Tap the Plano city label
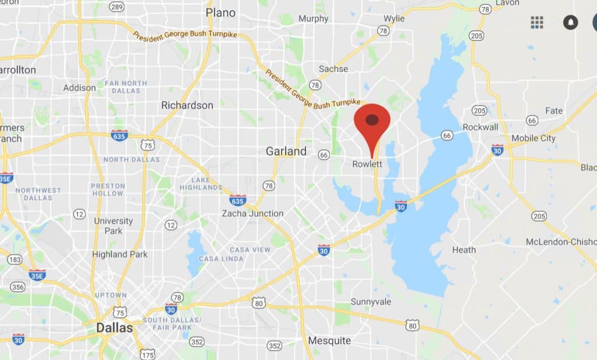click(x=221, y=13)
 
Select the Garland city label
click(x=286, y=151)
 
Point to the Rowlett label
click(x=367, y=165)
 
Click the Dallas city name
click(x=114, y=328)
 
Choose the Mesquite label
click(x=329, y=341)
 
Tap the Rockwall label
click(x=480, y=127)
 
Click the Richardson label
click(x=187, y=106)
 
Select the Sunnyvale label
click(x=371, y=302)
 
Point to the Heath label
click(x=464, y=250)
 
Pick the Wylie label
click(x=394, y=19)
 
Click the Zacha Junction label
click(x=252, y=214)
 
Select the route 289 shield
click(x=117, y=7)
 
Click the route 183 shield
click(x=15, y=259)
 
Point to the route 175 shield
click(x=148, y=354)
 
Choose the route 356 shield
click(x=17, y=286)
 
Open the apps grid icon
click(x=537, y=23)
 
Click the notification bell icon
click(x=570, y=23)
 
